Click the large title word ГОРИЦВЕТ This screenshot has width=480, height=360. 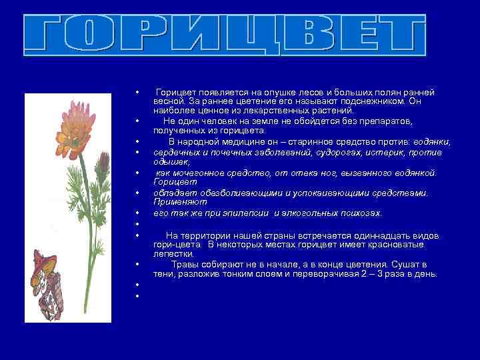coord(225,35)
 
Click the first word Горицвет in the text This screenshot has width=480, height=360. coord(175,92)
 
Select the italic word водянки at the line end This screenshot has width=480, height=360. coord(432,142)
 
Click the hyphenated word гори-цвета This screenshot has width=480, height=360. coord(174,245)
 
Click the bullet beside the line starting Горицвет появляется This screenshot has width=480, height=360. coord(136,92)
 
